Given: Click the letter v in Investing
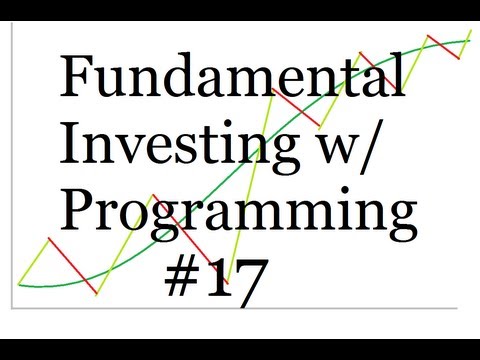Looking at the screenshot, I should coord(138,148).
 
